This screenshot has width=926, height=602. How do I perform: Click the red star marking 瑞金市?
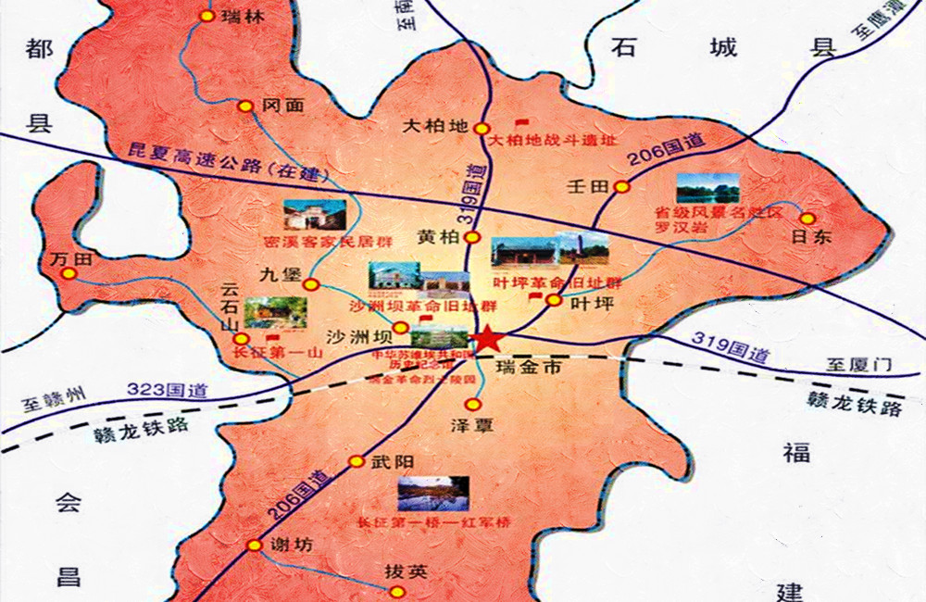click(484, 340)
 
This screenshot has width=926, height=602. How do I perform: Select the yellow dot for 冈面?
click(245, 107)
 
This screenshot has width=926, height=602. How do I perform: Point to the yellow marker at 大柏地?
click(481, 129)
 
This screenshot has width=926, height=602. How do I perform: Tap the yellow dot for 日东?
click(807, 219)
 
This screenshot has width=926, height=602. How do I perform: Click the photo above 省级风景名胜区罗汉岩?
click(707, 188)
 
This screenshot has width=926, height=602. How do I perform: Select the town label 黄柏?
click(438, 238)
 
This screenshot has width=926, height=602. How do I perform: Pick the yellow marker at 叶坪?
click(553, 300)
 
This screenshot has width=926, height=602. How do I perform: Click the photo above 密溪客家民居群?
click(307, 215)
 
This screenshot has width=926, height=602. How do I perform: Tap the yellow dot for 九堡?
click(312, 284)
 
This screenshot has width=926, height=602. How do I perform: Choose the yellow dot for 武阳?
click(357, 461)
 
